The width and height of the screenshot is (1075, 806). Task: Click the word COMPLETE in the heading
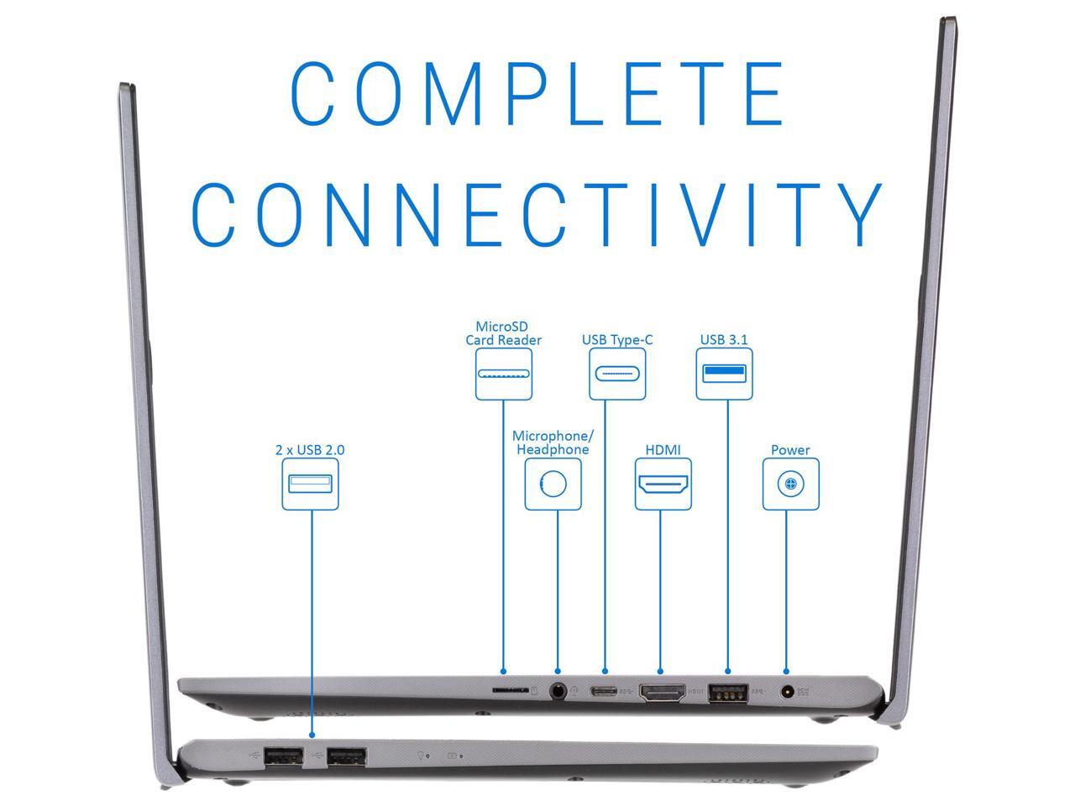(538, 93)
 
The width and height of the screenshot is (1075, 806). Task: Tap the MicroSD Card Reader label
(503, 333)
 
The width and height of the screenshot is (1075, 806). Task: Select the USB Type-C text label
(617, 340)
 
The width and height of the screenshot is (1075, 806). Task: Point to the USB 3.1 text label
(724, 340)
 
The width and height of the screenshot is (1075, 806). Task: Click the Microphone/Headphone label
(553, 442)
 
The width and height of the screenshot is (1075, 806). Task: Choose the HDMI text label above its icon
(663, 450)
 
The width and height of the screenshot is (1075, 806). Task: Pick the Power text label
(790, 450)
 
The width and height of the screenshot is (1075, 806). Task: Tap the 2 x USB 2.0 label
(310, 450)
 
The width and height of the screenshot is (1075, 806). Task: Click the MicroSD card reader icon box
(504, 373)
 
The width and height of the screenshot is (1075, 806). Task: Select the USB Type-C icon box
(617, 373)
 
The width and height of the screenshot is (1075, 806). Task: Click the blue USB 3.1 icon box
(725, 373)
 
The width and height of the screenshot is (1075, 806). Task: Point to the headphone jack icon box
(553, 484)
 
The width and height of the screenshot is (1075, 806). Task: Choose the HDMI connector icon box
(663, 484)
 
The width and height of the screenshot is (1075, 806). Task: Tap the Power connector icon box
(790, 484)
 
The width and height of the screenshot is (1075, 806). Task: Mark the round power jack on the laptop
(787, 693)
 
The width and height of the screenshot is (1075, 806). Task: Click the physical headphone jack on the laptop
(558, 693)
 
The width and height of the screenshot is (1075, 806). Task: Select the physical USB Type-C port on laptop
(604, 693)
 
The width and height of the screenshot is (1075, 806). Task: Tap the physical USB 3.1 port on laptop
(727, 693)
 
